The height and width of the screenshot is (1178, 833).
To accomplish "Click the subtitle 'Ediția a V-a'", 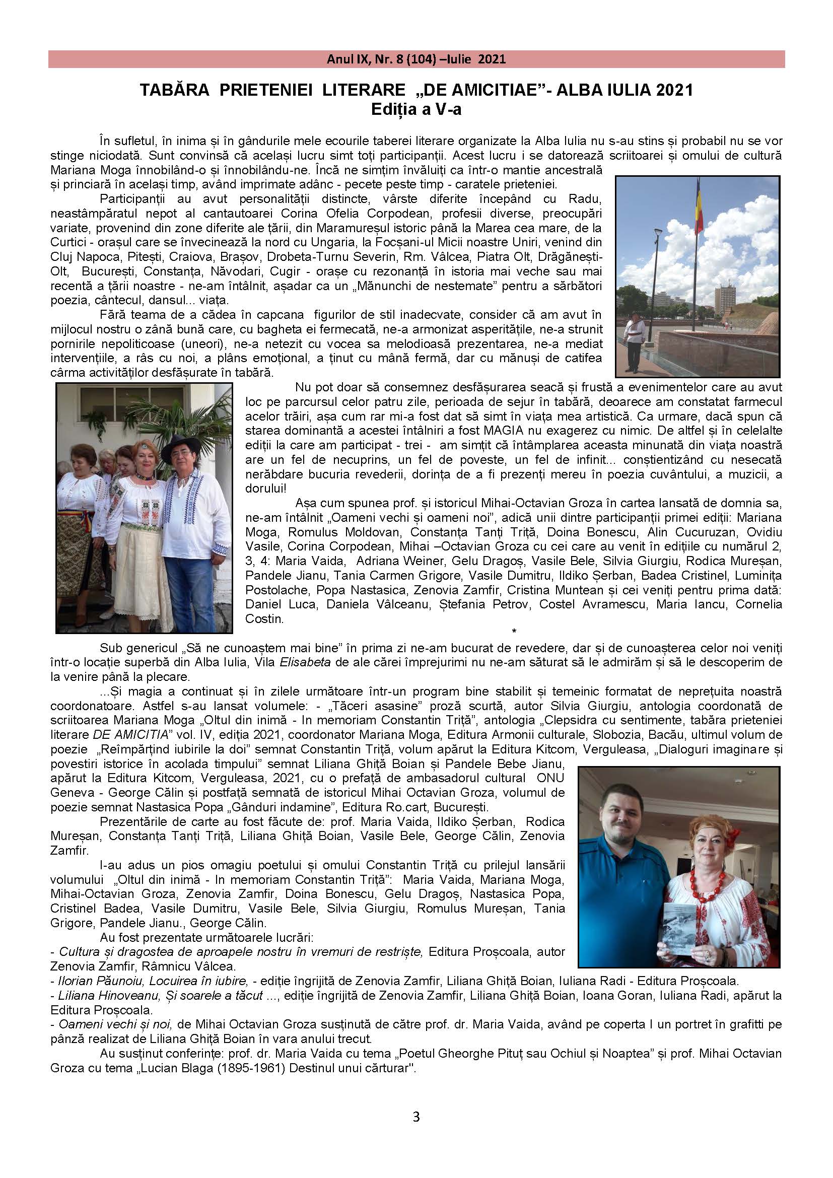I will click(x=416, y=109).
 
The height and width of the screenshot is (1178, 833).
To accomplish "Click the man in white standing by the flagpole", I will click(x=632, y=340).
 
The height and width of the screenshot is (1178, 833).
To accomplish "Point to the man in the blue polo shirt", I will click(x=624, y=862).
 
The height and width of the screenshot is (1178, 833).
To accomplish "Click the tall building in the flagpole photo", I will click(x=725, y=299).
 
